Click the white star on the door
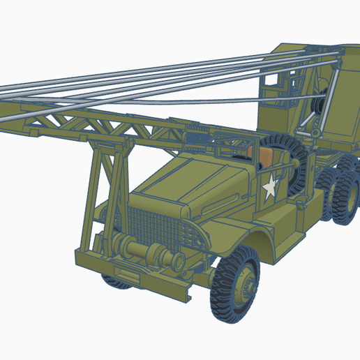pyautogui.click(x=269, y=187)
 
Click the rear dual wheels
pyautogui.click(x=343, y=198)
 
